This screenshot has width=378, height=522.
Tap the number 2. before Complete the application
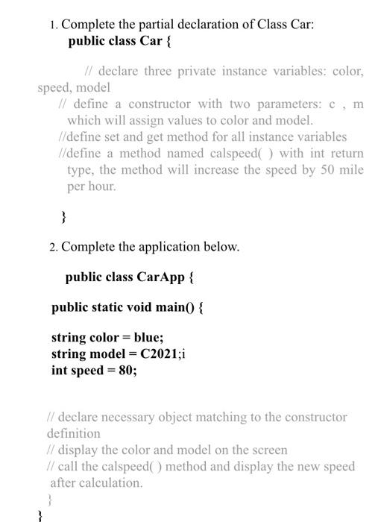(54, 246)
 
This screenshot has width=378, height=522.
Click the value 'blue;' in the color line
(148, 337)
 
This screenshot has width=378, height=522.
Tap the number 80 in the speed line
(125, 370)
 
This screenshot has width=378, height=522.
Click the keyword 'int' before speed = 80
(60, 370)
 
